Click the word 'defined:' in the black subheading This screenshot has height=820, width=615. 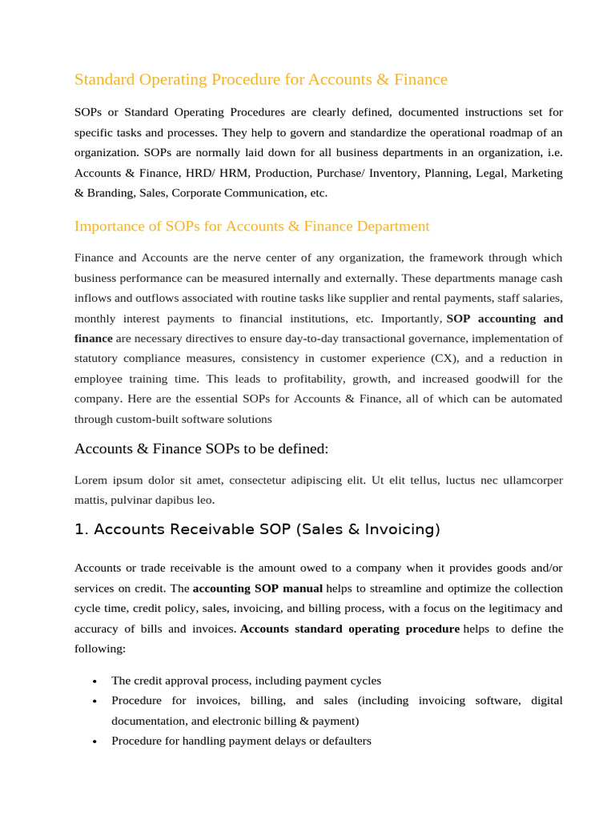[x=302, y=448]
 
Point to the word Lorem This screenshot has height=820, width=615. [x=91, y=480]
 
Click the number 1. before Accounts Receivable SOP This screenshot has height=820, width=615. [x=80, y=529]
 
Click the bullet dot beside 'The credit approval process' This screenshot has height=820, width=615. [x=94, y=681]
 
